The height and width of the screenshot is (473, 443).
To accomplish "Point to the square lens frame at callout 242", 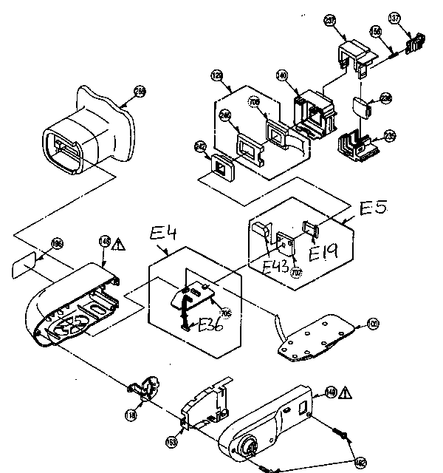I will tap(221, 166).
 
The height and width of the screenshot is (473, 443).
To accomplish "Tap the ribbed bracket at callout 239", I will tap(357, 143).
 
